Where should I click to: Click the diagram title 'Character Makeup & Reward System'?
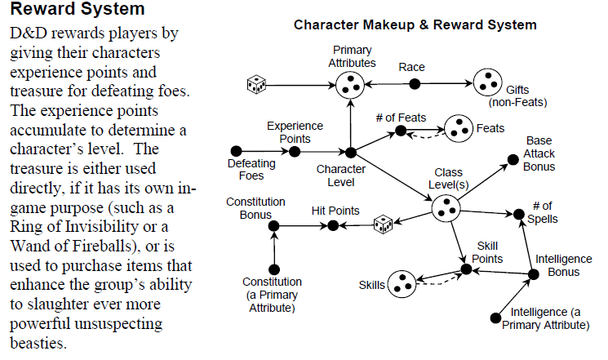[x=415, y=25]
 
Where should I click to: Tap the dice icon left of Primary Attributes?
[x=256, y=84]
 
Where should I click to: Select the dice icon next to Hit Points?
[x=383, y=224]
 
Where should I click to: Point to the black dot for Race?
[x=415, y=84]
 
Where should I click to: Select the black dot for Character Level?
[x=350, y=153]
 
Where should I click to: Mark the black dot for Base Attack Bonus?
[x=510, y=158]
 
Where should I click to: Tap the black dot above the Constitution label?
[x=274, y=269]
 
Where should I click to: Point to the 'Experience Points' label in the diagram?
[x=295, y=131]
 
